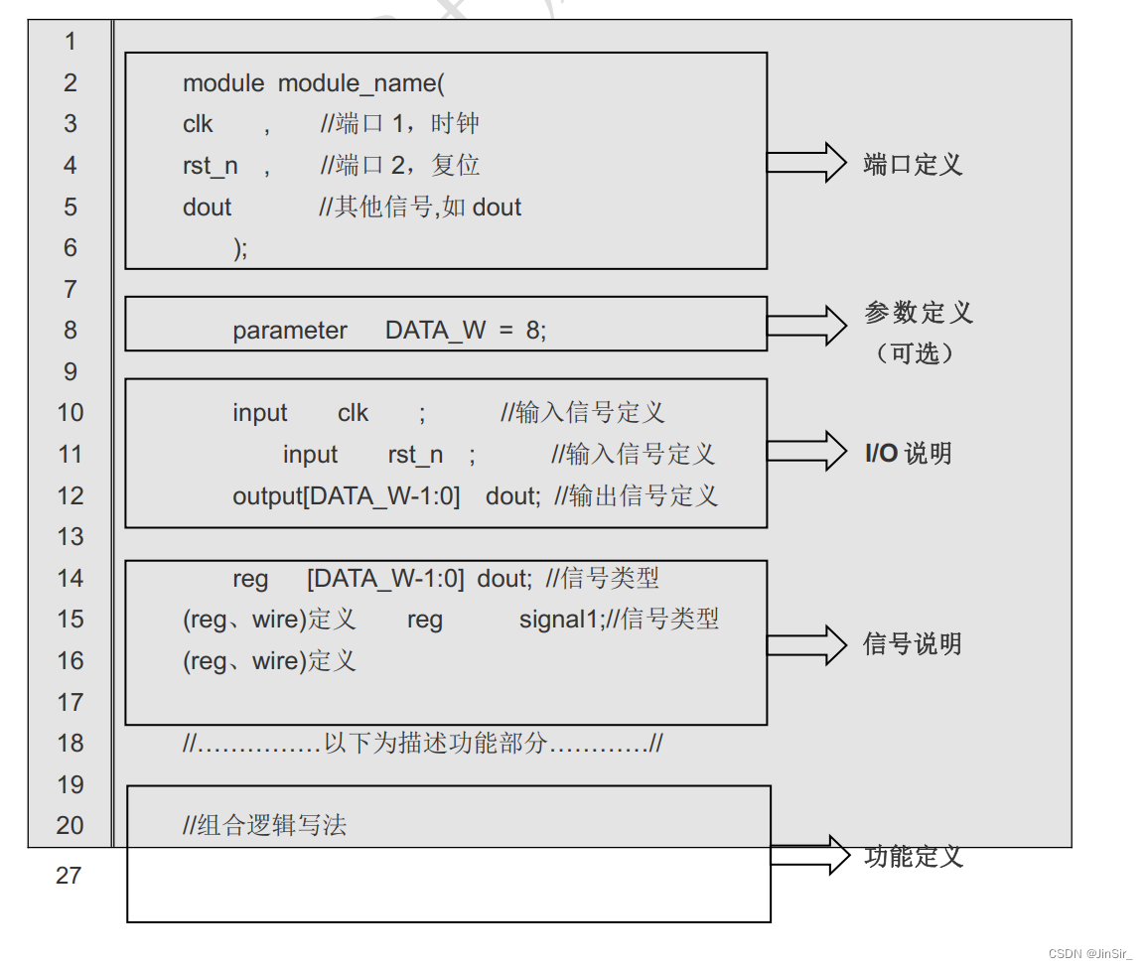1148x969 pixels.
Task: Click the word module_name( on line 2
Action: (x=361, y=83)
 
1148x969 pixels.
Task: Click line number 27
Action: (x=69, y=876)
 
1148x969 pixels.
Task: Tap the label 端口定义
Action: (x=913, y=165)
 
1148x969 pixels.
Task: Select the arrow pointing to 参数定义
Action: (x=806, y=325)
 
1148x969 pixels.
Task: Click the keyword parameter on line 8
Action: (x=290, y=331)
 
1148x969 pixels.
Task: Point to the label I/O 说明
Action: (x=908, y=454)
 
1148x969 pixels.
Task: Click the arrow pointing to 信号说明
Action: (x=806, y=644)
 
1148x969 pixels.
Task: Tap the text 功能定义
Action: (x=913, y=856)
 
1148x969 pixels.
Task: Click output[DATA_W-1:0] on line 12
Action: (x=346, y=496)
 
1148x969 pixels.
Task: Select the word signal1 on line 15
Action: (x=556, y=620)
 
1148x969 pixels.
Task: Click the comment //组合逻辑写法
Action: (x=265, y=825)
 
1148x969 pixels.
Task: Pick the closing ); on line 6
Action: (x=240, y=248)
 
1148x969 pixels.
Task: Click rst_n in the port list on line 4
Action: (x=211, y=166)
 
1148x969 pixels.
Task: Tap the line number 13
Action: (x=71, y=537)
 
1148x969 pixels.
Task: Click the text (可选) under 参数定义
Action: (x=915, y=353)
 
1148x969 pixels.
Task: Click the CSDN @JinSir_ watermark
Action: (x=1089, y=954)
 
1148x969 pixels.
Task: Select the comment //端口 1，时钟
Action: (x=400, y=124)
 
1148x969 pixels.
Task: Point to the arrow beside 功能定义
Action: (x=810, y=855)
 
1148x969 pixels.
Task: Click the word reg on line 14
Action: (x=250, y=579)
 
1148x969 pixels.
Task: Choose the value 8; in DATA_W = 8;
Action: (x=536, y=331)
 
